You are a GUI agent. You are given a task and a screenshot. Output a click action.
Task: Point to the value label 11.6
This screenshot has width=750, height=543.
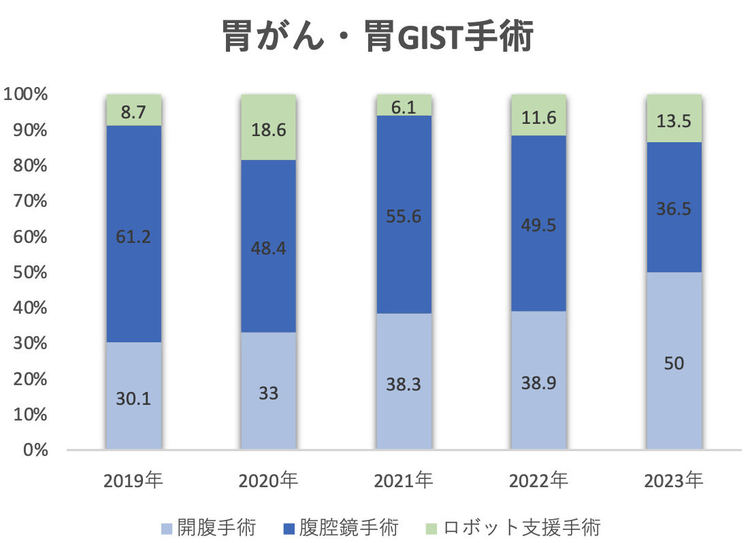538,118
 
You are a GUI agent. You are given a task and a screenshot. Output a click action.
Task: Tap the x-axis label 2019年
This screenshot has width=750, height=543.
133,481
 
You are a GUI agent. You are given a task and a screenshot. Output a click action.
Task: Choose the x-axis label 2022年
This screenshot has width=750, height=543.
538,481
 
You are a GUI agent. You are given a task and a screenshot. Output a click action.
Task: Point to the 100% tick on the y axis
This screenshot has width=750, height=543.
26,95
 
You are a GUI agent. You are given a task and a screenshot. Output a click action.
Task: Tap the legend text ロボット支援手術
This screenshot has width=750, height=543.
522,527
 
